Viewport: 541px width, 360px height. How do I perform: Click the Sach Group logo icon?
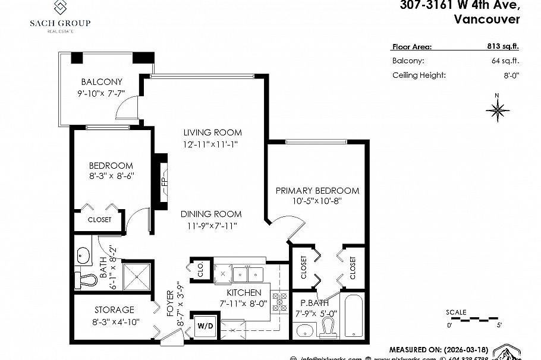coord(61,8)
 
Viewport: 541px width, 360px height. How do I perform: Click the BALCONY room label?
coord(102,82)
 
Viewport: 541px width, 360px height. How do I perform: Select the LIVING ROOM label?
coord(212,132)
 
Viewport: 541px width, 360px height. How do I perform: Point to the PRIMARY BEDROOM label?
coord(317,191)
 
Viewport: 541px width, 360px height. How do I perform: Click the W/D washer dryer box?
coord(205,325)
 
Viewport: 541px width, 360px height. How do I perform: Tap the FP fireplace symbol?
coord(161,181)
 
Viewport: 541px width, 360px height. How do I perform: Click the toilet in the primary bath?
coord(328,327)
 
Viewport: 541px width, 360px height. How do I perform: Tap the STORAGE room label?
coord(114,310)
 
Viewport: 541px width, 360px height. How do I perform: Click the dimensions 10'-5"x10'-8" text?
coord(317,201)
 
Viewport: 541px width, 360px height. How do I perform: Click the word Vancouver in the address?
coord(486,19)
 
